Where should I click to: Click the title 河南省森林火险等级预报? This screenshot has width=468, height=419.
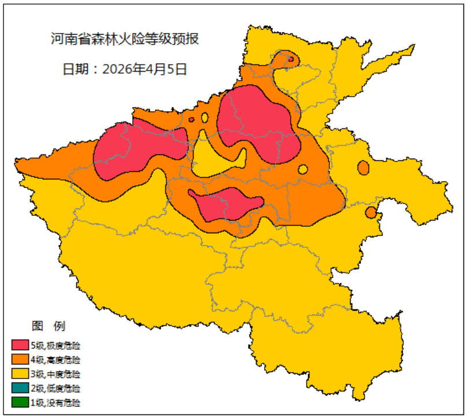pyautogui.click(x=125, y=39)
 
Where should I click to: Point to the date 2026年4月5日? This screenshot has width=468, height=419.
pyautogui.click(x=125, y=69)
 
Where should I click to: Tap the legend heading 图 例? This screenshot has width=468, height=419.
pyautogui.click(x=48, y=326)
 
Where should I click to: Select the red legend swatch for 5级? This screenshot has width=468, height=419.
pyautogui.click(x=20, y=346)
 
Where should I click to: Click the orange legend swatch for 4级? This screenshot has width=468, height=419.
pyautogui.click(x=20, y=360)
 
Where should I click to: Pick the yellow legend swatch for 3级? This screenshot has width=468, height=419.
pyautogui.click(x=20, y=374)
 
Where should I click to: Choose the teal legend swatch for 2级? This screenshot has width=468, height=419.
pyautogui.click(x=20, y=388)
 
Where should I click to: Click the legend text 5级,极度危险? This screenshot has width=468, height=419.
pyautogui.click(x=55, y=346)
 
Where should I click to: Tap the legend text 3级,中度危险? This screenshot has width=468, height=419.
pyautogui.click(x=55, y=374)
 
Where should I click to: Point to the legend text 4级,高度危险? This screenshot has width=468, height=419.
pyautogui.click(x=55, y=360)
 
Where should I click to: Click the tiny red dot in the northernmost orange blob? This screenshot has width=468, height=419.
pyautogui.click(x=291, y=59)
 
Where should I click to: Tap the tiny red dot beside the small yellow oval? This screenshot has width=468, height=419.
pyautogui.click(x=191, y=120)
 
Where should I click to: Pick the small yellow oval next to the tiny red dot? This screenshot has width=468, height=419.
pyautogui.click(x=205, y=117)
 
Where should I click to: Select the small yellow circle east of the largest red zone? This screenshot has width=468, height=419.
pyautogui.click(x=303, y=170)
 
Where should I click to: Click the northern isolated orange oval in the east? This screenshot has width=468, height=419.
pyautogui.click(x=363, y=167)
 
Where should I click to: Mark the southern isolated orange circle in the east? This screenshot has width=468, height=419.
pyautogui.click(x=370, y=212)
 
